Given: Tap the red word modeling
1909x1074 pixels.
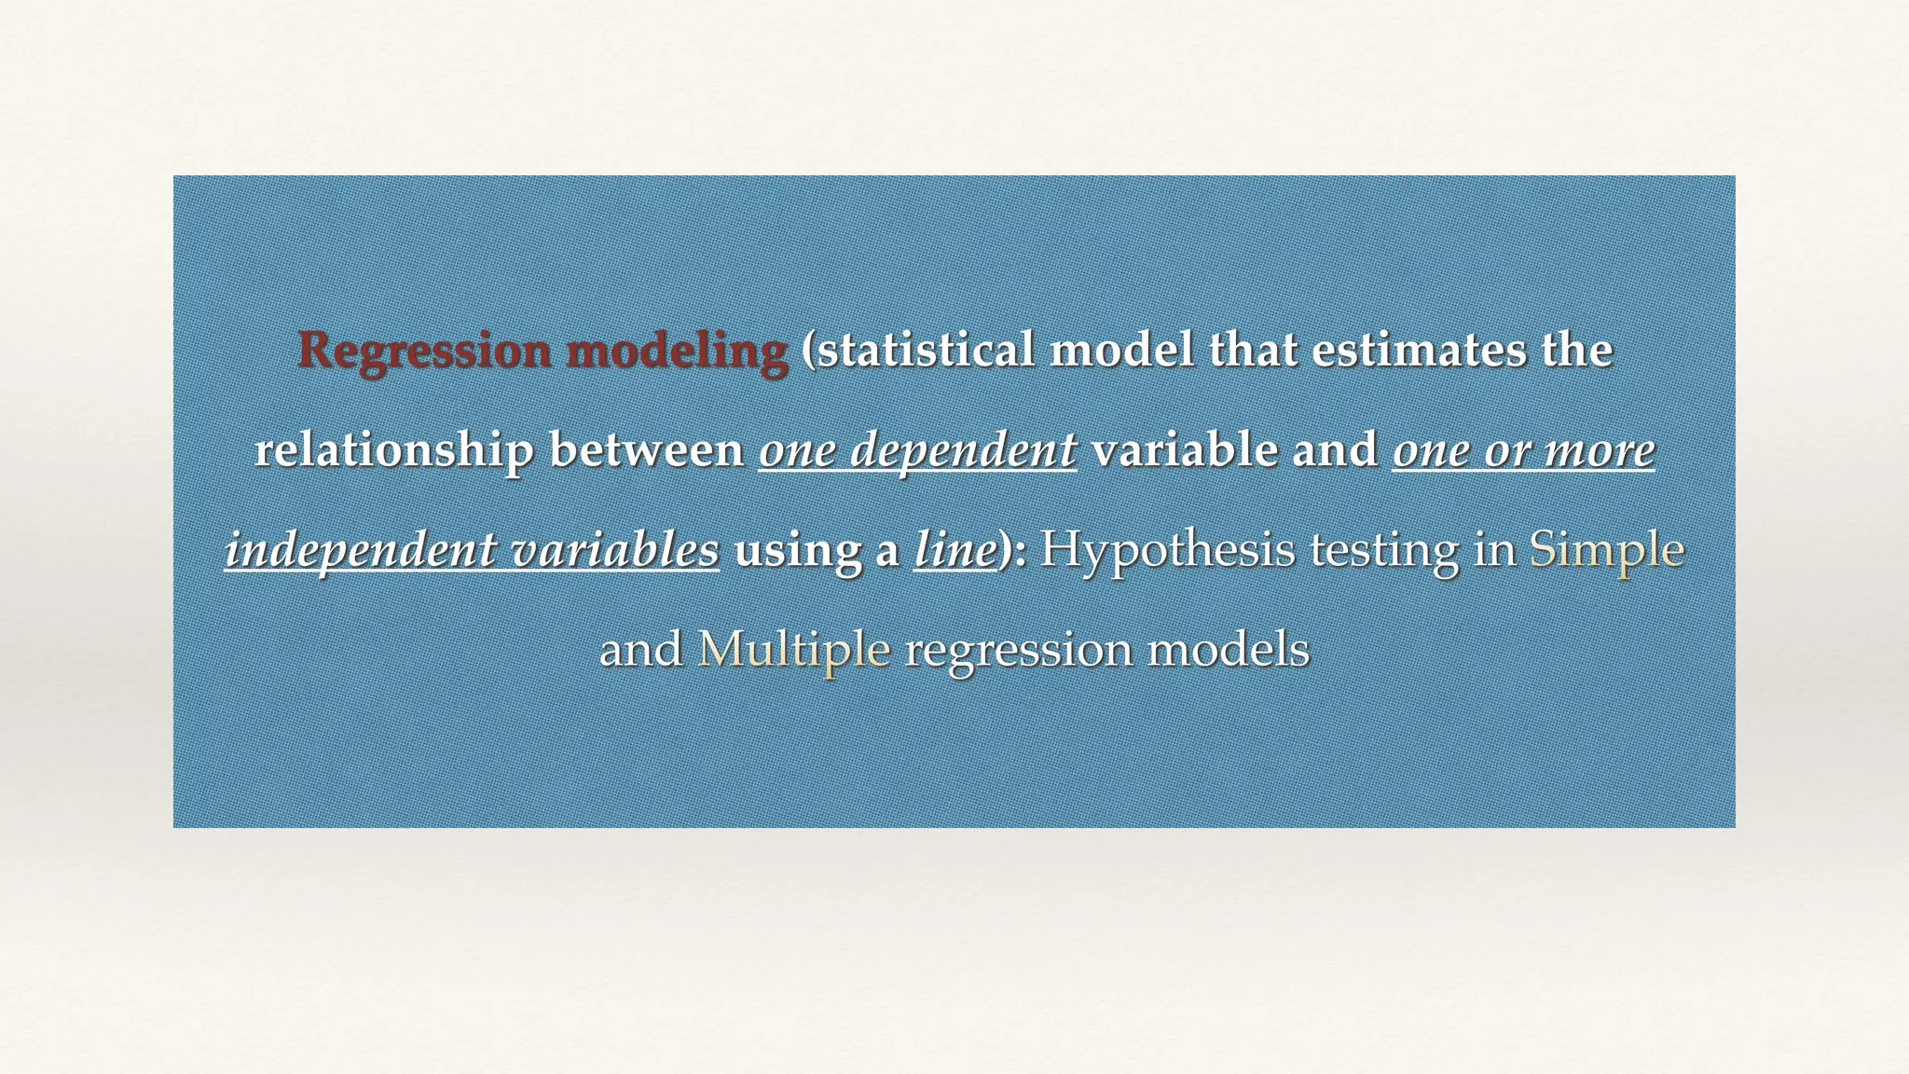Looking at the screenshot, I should coord(677,351).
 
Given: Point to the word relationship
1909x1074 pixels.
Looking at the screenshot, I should coord(393,450).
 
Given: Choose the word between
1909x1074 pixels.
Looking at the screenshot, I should coord(646,450).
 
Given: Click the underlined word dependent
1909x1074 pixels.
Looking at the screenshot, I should coord(965,450).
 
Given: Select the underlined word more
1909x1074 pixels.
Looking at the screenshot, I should coord(1600,450).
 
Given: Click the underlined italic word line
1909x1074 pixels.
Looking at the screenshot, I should coord(954,550).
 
